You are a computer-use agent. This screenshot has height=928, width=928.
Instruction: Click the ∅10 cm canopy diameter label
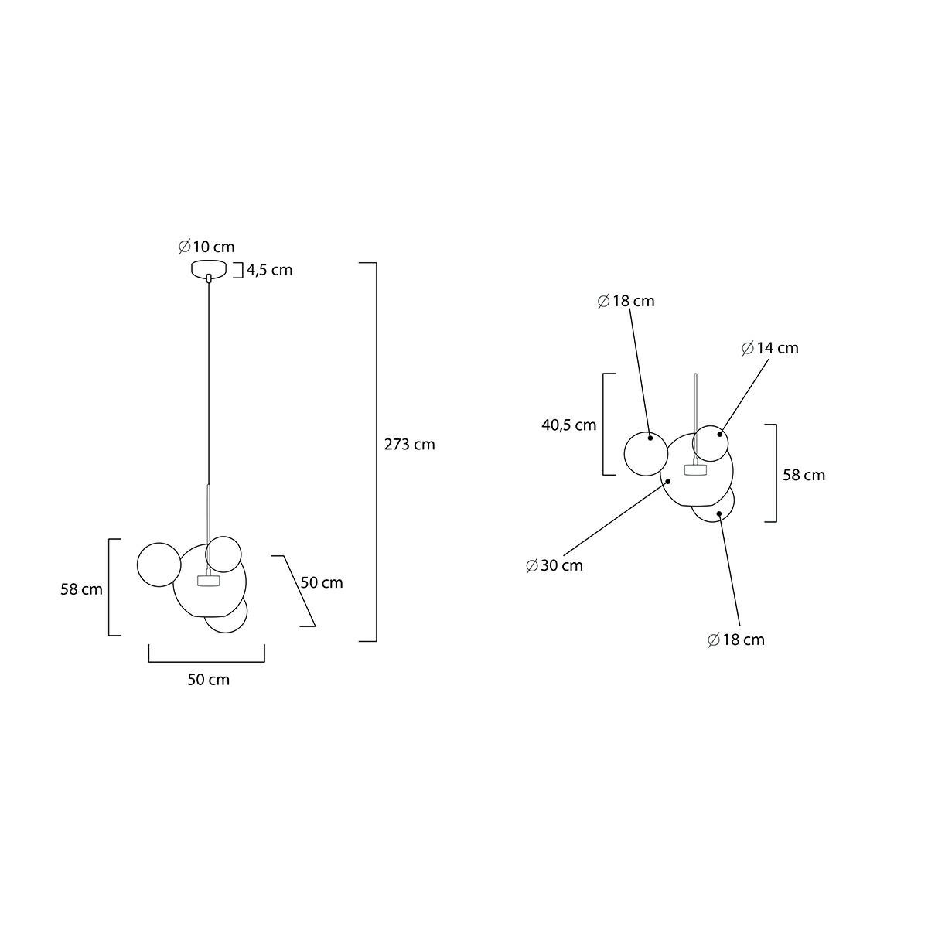(x=206, y=247)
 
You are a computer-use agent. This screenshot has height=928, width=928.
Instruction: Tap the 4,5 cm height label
(x=270, y=270)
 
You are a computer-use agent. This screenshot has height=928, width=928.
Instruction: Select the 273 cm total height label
(x=409, y=444)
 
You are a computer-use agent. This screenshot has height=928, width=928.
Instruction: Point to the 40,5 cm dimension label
(x=568, y=425)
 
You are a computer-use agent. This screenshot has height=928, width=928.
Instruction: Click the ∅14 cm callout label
(x=770, y=348)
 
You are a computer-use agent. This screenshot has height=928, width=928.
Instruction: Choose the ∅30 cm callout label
(x=554, y=565)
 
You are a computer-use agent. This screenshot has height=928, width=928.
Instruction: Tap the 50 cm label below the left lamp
(x=209, y=680)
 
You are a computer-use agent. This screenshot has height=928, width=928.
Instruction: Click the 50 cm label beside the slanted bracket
(x=322, y=582)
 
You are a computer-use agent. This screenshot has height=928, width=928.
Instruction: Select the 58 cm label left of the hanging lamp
(x=81, y=589)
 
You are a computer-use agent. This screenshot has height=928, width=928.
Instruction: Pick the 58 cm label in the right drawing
(x=803, y=475)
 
